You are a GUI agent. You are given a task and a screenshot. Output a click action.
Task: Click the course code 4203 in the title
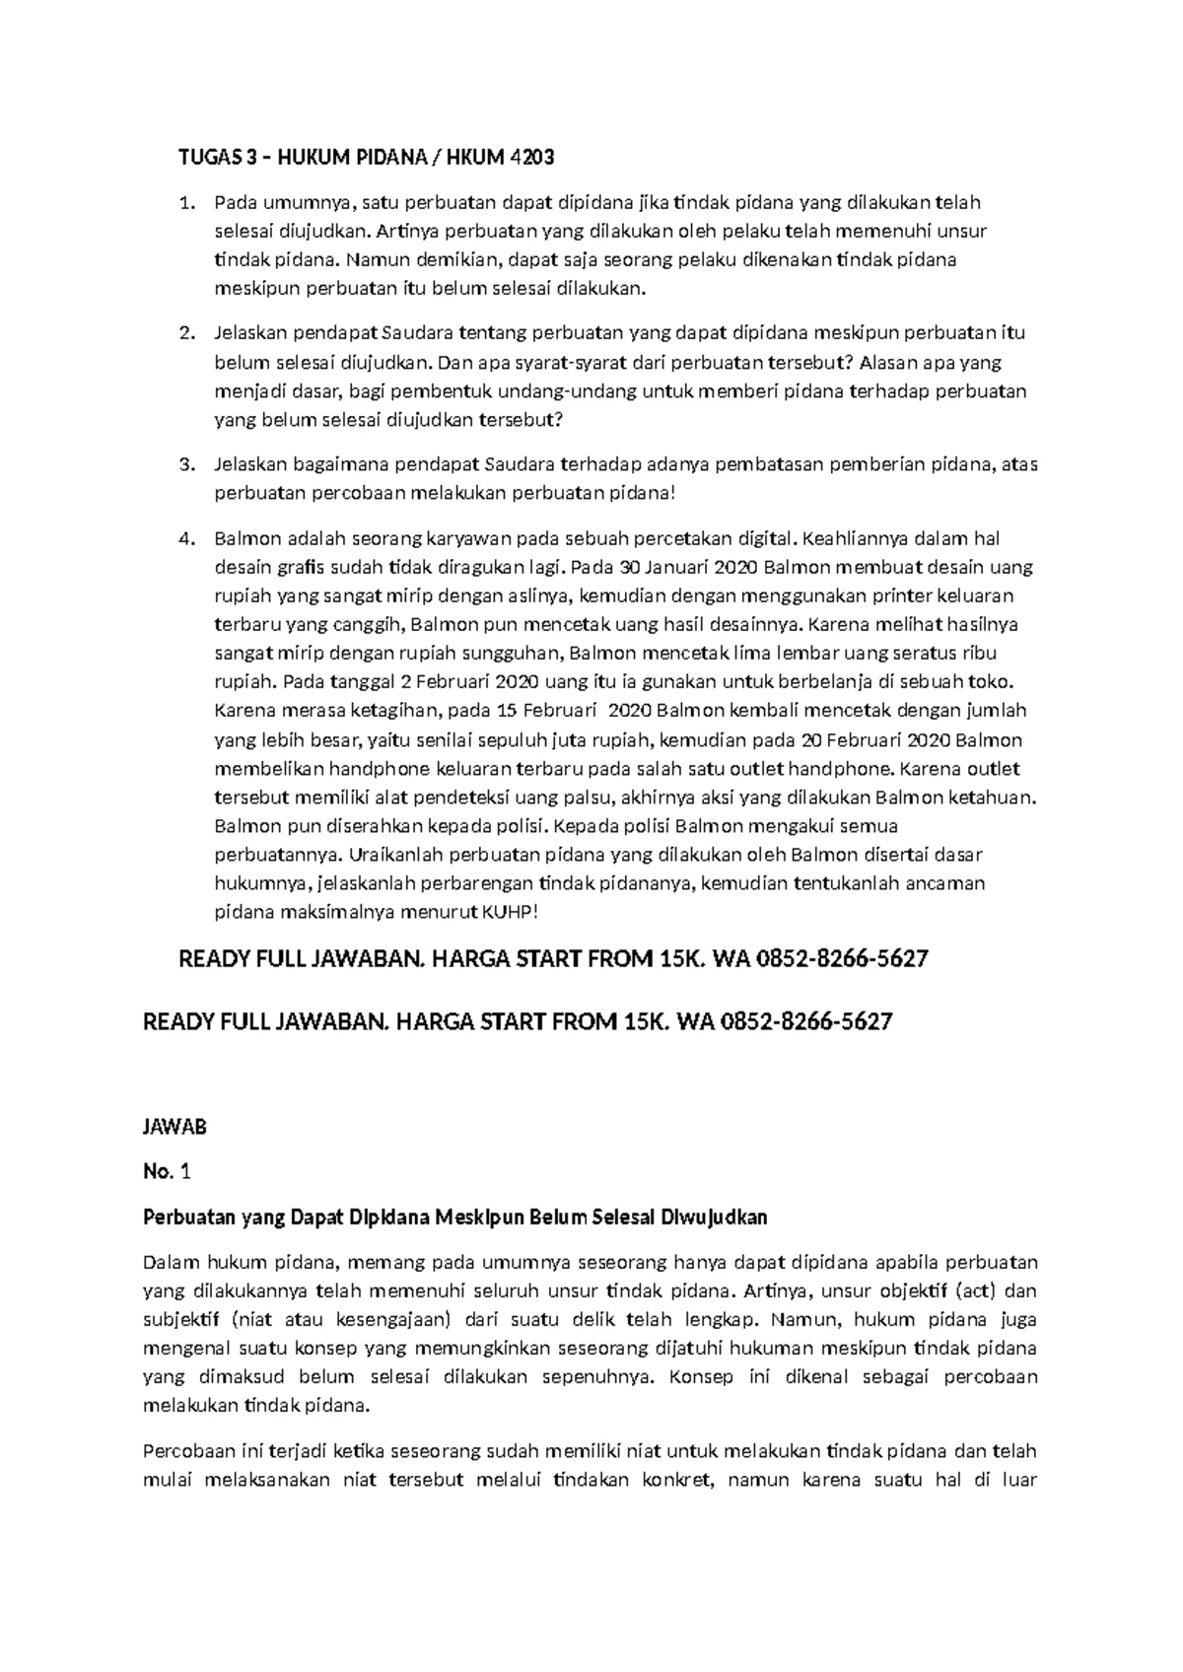530,157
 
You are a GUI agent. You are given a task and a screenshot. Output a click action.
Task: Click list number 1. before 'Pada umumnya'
184,203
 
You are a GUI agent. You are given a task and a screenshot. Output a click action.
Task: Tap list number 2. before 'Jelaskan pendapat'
184,333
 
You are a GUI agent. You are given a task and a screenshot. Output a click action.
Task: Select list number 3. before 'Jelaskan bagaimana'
184,464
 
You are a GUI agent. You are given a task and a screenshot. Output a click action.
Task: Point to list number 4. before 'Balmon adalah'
184,538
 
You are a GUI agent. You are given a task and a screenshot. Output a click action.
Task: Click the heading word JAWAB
174,1126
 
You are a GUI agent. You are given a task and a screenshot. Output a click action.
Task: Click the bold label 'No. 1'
166,1171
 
